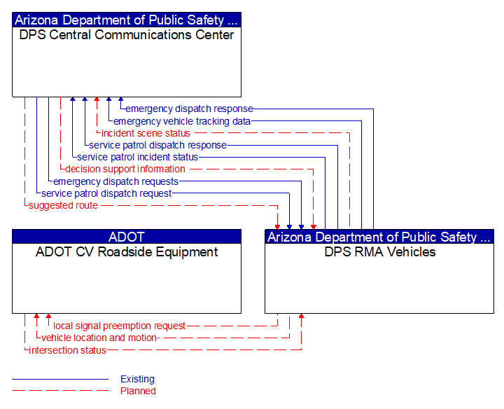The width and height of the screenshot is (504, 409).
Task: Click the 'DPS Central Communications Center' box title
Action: (126, 35)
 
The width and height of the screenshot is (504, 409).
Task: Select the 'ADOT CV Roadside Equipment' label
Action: (127, 252)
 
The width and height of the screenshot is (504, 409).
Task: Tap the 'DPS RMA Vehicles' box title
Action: (379, 252)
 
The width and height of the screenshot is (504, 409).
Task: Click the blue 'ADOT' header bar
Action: (127, 237)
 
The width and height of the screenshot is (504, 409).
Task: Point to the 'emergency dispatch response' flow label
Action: (189, 109)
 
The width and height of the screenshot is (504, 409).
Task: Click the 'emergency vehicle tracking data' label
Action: (182, 121)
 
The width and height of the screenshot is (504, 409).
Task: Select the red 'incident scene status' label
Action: (146, 133)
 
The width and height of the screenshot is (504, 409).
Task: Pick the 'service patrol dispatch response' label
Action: (158, 145)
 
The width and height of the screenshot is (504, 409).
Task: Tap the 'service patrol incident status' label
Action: (138, 157)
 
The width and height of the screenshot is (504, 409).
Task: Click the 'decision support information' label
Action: (125, 169)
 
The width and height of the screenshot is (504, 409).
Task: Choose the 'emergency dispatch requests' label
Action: (116, 181)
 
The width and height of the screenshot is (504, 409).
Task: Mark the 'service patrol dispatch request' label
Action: (106, 193)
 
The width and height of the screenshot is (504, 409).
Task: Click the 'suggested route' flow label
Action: (63, 205)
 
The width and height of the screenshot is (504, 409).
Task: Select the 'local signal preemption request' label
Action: (120, 326)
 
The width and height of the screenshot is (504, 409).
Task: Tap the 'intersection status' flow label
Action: (67, 350)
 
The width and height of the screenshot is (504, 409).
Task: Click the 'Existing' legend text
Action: (137, 379)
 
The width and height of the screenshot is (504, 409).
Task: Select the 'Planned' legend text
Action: (138, 391)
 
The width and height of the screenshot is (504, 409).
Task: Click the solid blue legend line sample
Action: (60, 379)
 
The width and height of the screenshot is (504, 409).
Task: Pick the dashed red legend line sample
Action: (60, 391)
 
